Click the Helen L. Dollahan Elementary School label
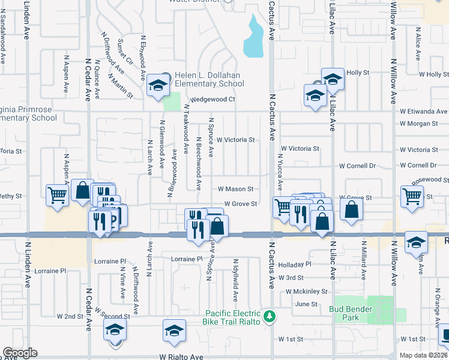[x=206, y=79]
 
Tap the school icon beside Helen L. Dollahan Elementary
[x=158, y=86]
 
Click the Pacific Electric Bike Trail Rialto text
[x=234, y=317]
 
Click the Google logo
[x=20, y=353]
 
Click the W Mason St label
[x=240, y=189]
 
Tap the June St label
[x=306, y=304]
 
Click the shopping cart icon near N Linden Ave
[x=57, y=194]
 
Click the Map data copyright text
[x=423, y=355]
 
